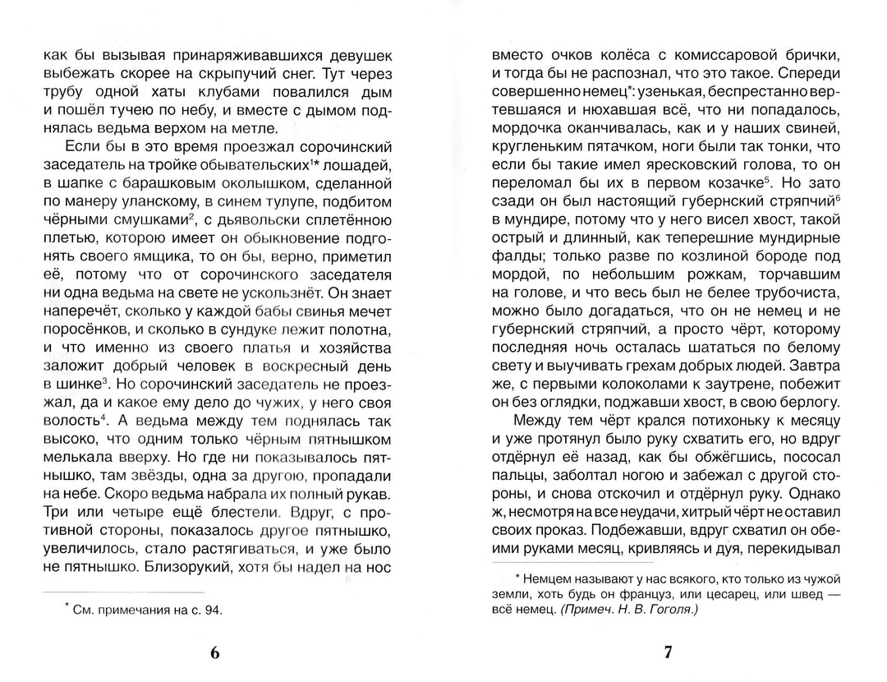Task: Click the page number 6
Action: tap(215, 653)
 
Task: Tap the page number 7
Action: tap(667, 653)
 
